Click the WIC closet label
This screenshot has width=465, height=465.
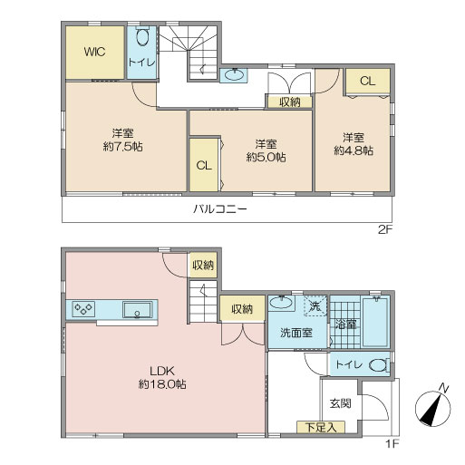pos(95,52)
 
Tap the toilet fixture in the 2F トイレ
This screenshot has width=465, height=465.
pos(141,40)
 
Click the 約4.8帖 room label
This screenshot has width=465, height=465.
pos(354,144)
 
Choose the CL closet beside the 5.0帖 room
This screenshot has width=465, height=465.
pos(204,165)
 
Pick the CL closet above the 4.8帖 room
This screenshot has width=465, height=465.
pos(367,82)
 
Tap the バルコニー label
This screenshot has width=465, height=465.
pos(220,209)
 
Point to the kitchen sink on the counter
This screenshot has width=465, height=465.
pos(139,311)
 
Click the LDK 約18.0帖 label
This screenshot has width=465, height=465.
pos(162,376)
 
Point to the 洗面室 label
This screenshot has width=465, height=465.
pos(295,333)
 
